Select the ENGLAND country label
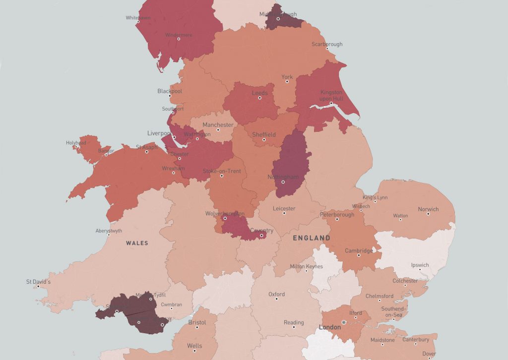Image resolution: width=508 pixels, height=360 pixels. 311,238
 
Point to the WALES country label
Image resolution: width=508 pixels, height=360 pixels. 137,243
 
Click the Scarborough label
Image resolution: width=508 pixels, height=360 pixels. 326,44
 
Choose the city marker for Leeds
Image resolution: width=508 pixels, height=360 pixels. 259,98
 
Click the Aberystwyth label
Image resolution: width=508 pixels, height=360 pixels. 108,231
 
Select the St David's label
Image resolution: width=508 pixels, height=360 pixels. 39,282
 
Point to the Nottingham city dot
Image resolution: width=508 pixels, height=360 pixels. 283,182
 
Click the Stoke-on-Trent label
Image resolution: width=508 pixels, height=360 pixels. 222,171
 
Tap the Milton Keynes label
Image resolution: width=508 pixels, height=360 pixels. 306,266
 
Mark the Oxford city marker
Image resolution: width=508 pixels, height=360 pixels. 276,299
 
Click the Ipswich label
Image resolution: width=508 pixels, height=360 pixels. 420,265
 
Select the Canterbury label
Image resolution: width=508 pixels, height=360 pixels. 416,340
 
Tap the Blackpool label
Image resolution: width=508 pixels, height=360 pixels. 170,91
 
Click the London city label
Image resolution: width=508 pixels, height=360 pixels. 330,327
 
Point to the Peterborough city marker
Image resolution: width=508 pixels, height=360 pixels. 337,219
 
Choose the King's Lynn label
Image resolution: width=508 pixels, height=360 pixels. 375,197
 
